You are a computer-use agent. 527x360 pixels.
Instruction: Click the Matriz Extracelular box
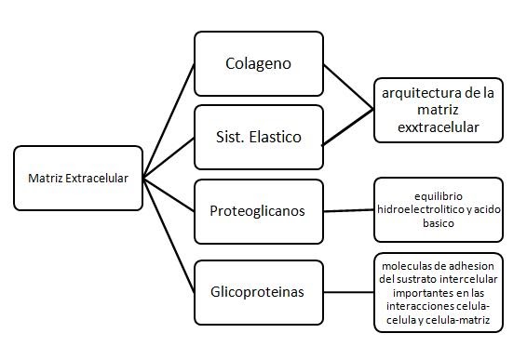point(79,177)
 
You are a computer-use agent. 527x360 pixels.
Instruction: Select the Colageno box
point(259,64)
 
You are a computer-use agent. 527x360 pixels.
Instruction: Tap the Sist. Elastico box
point(259,137)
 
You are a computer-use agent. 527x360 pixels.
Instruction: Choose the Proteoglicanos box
point(259,208)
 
